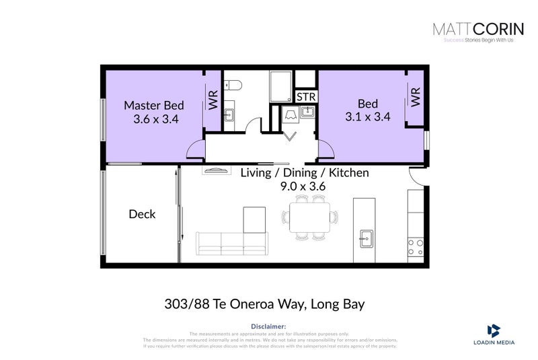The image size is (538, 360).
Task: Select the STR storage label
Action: click(x=306, y=97)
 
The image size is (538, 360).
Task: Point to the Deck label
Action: click(x=142, y=214)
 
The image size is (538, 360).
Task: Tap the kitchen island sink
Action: click(x=367, y=237)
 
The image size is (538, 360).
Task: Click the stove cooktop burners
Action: click(x=416, y=247)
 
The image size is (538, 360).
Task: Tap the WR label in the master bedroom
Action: click(x=213, y=102)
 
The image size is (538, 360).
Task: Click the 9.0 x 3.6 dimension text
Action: click(x=304, y=186)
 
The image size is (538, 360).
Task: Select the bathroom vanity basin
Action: click(x=228, y=114)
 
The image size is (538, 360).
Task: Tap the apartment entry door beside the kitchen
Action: click(x=418, y=176)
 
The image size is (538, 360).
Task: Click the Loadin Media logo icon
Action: click(x=494, y=330)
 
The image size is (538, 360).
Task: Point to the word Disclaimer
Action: click(x=269, y=326)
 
